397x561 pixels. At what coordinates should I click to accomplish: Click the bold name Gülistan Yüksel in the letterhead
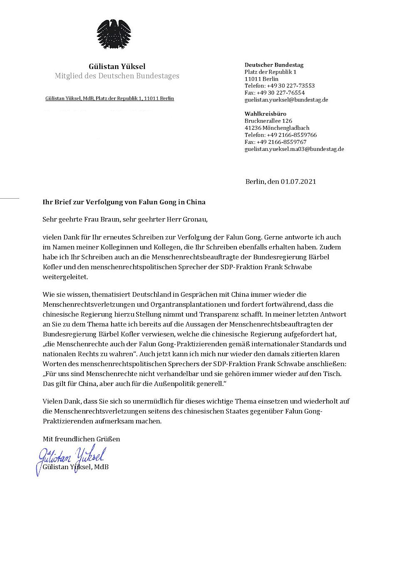pos(117,66)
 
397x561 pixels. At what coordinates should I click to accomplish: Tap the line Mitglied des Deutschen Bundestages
pos(117,76)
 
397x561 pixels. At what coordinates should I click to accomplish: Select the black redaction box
pos(107,124)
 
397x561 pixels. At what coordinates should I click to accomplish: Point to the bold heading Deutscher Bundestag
pos(274,65)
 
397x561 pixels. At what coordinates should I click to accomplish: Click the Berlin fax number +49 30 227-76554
pos(275,93)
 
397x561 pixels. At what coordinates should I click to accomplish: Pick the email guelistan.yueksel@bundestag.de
pos(286,100)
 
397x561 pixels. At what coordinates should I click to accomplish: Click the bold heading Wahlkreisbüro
pos(265,114)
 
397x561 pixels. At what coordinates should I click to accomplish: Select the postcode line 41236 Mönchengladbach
pos(277,128)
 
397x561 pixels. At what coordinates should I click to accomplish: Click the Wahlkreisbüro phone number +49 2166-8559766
pos(280,135)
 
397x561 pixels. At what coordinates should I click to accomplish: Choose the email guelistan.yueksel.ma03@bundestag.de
pos(294,149)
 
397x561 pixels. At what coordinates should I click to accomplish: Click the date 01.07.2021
pos(298,182)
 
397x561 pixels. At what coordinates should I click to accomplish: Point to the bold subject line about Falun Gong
pos(124,202)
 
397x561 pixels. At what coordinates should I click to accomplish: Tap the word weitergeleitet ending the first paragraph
pos(65,277)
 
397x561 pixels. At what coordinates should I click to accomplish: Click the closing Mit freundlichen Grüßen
pos(81,439)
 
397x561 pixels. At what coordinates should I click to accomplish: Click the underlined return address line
pos(109,98)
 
